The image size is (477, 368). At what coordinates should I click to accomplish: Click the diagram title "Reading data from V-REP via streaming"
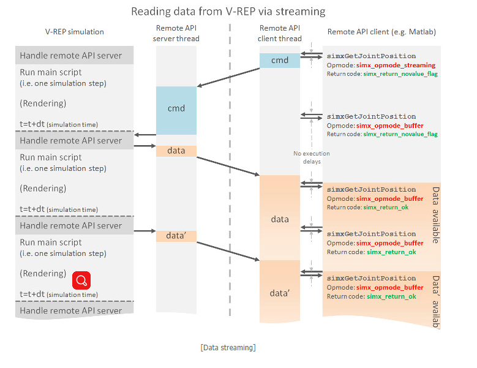pyautogui.click(x=228, y=11)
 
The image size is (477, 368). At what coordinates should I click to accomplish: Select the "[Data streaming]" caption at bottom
pyautogui.click(x=228, y=348)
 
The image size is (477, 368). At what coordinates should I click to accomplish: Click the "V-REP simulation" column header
pyautogui.click(x=75, y=32)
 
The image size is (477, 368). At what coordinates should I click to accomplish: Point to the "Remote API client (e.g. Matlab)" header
pyautogui.click(x=381, y=32)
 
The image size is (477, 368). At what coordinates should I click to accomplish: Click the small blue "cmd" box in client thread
pyautogui.click(x=279, y=60)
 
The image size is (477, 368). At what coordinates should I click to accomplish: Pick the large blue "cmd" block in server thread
pyautogui.click(x=176, y=109)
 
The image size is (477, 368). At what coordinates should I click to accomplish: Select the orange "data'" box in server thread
pyautogui.click(x=176, y=236)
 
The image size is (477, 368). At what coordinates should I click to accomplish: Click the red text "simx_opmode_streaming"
pyautogui.click(x=396, y=65)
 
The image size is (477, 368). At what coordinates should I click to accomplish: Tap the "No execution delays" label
pyautogui.click(x=310, y=157)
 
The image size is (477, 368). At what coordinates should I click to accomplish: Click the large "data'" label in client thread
pyautogui.click(x=280, y=293)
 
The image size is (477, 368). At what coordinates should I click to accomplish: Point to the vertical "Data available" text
pyautogui.click(x=436, y=215)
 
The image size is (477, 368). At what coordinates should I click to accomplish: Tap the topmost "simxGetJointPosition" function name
pyautogui.click(x=371, y=56)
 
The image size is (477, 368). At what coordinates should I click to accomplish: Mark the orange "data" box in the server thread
pyautogui.click(x=176, y=151)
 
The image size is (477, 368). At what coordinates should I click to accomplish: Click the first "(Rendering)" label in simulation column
pyautogui.click(x=43, y=103)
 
